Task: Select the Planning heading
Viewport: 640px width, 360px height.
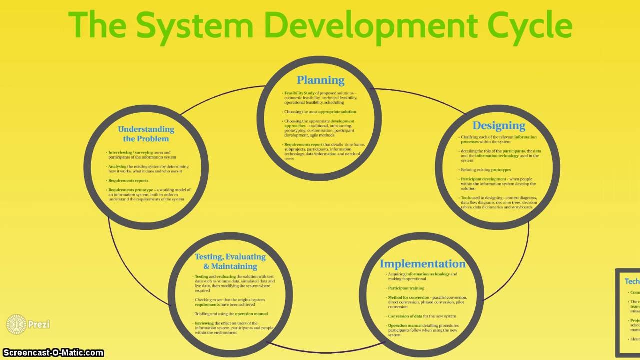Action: coord(320,80)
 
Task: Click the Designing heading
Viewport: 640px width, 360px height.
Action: coord(499,125)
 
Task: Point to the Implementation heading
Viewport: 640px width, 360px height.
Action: coord(422,264)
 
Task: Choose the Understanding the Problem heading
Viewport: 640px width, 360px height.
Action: coord(146,134)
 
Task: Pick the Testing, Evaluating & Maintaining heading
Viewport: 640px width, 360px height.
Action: coord(230,261)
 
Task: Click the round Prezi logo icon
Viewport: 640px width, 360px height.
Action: coord(16,324)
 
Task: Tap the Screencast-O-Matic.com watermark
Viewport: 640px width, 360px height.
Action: coord(52,353)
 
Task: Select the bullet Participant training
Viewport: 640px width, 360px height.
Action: coord(406,288)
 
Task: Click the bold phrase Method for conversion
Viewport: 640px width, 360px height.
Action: coord(408,298)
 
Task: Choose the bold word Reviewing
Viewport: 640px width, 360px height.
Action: coord(204,323)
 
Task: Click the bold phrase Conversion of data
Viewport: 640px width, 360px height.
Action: coord(408,316)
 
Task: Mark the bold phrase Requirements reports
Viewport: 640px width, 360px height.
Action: coord(128,181)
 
